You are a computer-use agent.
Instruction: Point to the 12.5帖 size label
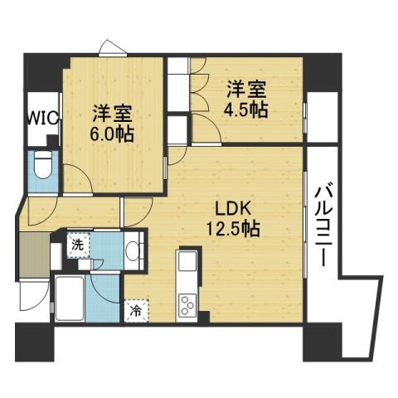(233, 228)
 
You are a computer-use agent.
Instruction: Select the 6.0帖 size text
(113, 133)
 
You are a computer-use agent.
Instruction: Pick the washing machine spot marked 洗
(76, 245)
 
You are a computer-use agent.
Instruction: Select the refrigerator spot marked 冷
(135, 312)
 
